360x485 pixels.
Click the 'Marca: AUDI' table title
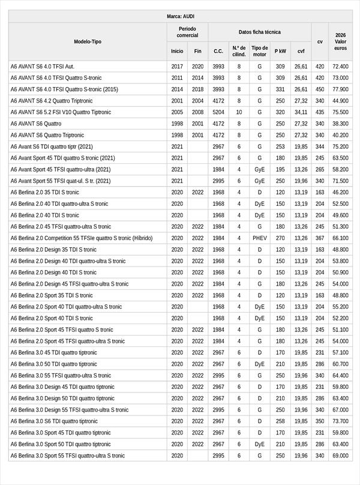[180, 16]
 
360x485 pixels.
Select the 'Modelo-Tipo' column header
[88, 41]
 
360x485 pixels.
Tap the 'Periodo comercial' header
[187, 32]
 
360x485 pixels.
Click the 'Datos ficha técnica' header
[259, 32]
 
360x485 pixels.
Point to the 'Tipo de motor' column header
[260, 51]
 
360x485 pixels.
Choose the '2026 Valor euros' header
[340, 41]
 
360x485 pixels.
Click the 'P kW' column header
[280, 51]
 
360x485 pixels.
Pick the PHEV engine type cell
[260, 238]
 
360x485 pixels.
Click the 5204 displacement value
[218, 112]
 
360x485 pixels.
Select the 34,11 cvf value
[301, 112]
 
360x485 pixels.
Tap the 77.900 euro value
[340, 89]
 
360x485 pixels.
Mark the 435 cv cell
[320, 112]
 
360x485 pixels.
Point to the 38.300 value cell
[340, 124]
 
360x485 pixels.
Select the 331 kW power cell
[280, 89]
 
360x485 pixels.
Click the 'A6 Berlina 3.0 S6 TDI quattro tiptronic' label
[54, 421]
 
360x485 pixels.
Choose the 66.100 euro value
[340, 238]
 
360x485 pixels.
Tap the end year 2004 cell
[197, 101]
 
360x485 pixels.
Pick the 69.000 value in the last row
[340, 456]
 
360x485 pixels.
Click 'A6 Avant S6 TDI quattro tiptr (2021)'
[52, 146]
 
